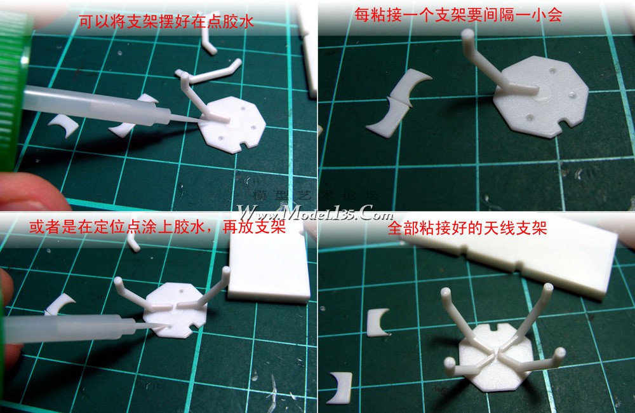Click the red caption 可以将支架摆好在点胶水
[166, 21]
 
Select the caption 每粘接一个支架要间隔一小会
[458, 15]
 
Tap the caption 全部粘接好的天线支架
[467, 227]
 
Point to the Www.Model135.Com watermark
[315, 212]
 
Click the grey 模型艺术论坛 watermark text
[316, 195]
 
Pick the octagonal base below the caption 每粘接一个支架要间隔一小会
[540, 97]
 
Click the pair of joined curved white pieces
[398, 104]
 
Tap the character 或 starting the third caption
[37, 227]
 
